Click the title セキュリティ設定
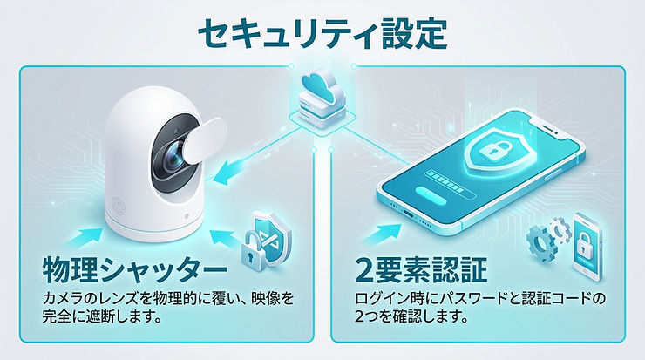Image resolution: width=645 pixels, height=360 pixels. (322, 32)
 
